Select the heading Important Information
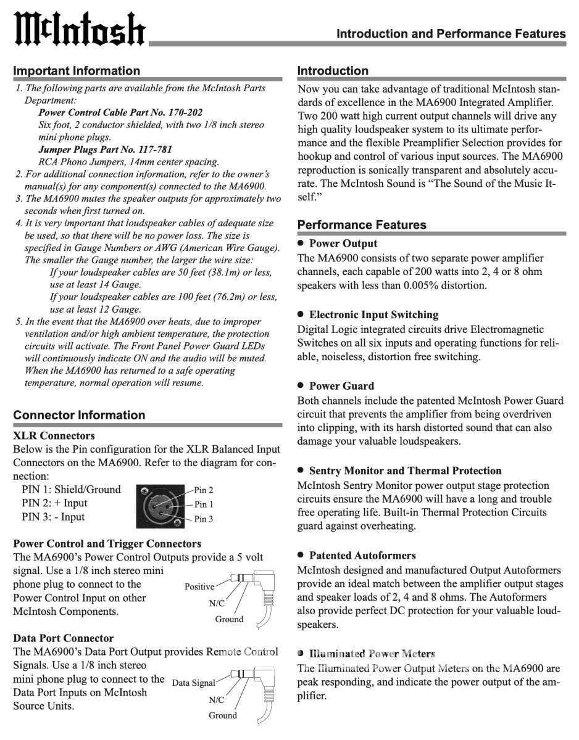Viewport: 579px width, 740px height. coord(77,71)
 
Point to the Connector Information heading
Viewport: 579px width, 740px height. coord(79,415)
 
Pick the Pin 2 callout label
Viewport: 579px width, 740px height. coord(204,490)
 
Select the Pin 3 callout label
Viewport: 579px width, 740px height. coord(204,519)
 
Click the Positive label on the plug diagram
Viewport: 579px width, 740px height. coord(199,586)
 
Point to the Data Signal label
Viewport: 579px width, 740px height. coord(193,683)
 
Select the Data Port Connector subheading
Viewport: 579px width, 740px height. coord(63,638)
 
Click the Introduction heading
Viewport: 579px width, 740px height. coord(333,71)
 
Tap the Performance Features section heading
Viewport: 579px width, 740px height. coord(362,225)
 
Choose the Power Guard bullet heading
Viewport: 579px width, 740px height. coord(341,386)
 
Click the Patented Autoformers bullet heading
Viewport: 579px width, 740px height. coord(362,555)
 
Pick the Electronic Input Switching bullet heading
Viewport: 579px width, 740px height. coord(373,314)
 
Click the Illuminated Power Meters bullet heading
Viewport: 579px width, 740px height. coord(372,654)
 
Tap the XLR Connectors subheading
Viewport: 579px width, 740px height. coord(54,435)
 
